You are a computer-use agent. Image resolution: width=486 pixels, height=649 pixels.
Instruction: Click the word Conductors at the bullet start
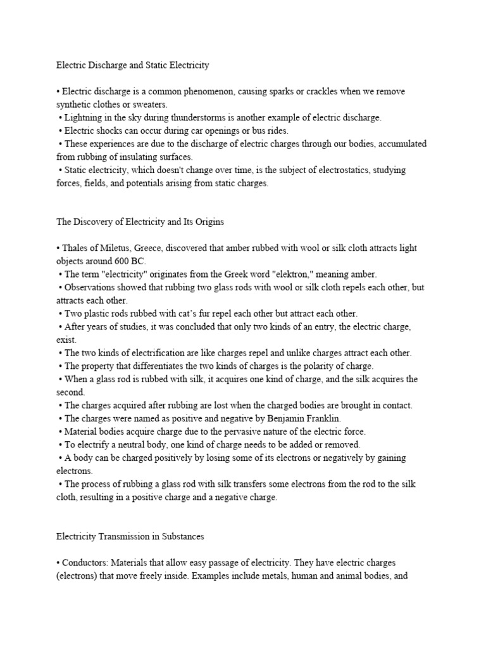tap(85, 562)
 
